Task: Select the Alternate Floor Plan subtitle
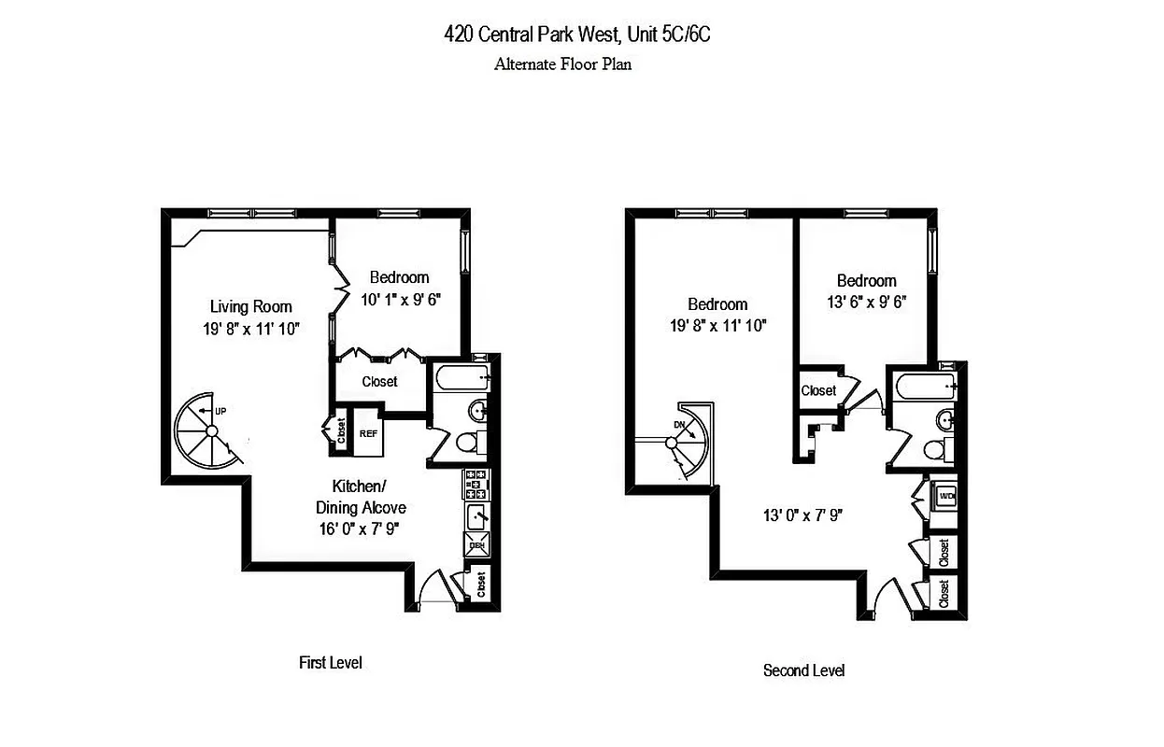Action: (562, 64)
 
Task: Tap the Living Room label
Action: (250, 306)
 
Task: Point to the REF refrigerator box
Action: (368, 434)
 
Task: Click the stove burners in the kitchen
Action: (476, 484)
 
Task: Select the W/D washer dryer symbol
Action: (946, 497)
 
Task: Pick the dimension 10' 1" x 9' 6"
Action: (400, 300)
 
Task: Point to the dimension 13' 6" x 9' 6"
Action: (866, 303)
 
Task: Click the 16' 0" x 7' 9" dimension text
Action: (369, 529)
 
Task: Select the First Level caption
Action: (330, 663)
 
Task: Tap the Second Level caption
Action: (803, 670)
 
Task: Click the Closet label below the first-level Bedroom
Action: (379, 381)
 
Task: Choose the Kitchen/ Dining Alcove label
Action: (369, 498)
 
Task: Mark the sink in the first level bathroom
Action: (476, 410)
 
